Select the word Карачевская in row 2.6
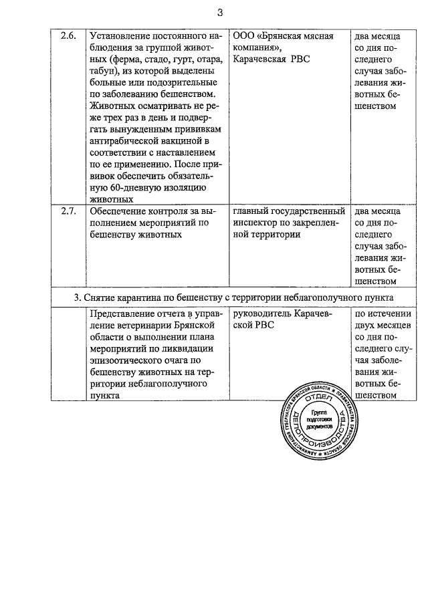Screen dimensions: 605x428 coord(261,59)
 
